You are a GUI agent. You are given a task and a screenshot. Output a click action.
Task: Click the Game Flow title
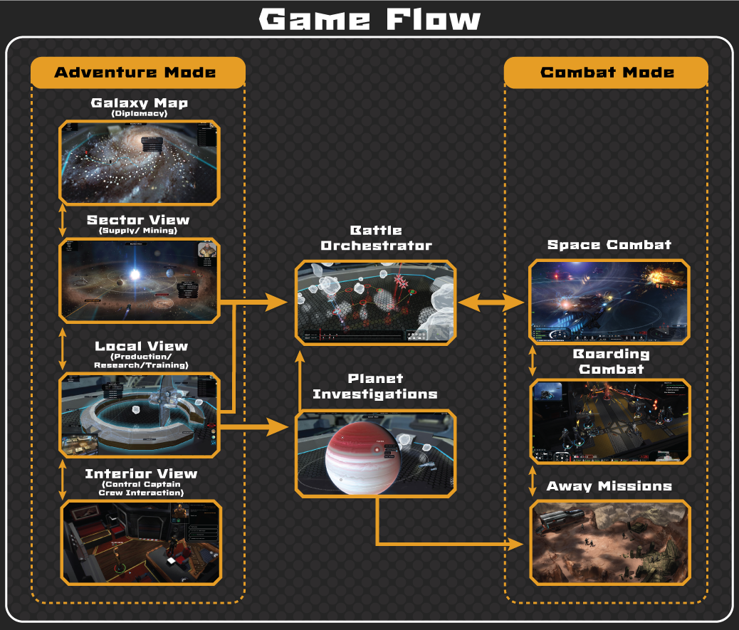[x=369, y=19]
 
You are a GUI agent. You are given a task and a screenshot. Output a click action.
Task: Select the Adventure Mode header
[x=135, y=73]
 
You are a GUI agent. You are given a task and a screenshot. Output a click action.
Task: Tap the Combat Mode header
[x=607, y=73]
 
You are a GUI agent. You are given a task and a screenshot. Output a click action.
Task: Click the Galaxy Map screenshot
[x=139, y=162]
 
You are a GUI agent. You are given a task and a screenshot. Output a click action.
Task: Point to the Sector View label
[x=138, y=221]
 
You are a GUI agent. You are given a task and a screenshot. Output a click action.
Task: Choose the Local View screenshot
[x=139, y=414]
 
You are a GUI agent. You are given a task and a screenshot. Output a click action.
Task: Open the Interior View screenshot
[x=140, y=542]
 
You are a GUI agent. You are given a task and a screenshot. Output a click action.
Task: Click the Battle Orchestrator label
[x=376, y=238]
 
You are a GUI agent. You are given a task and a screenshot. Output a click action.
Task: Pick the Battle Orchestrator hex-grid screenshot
[x=375, y=303]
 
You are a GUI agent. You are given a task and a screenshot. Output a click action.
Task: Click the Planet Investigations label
[x=375, y=386]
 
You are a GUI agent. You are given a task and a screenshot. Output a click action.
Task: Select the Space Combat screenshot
[x=609, y=302]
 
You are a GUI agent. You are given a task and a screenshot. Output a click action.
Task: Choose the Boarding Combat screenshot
[x=610, y=421]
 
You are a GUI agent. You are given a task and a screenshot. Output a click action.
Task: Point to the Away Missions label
[x=609, y=487]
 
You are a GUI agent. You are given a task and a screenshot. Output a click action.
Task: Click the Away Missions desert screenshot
[x=609, y=542]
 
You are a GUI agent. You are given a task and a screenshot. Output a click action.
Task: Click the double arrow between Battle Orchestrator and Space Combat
[x=491, y=303]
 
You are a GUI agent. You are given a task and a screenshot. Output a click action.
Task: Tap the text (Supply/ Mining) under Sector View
[x=138, y=231]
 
